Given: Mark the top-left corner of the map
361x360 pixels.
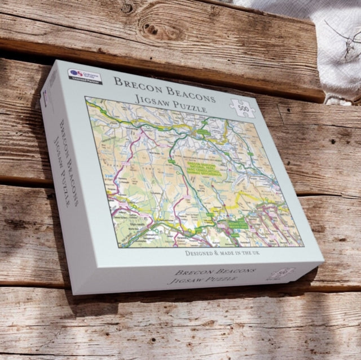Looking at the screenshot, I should [x=86, y=97].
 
